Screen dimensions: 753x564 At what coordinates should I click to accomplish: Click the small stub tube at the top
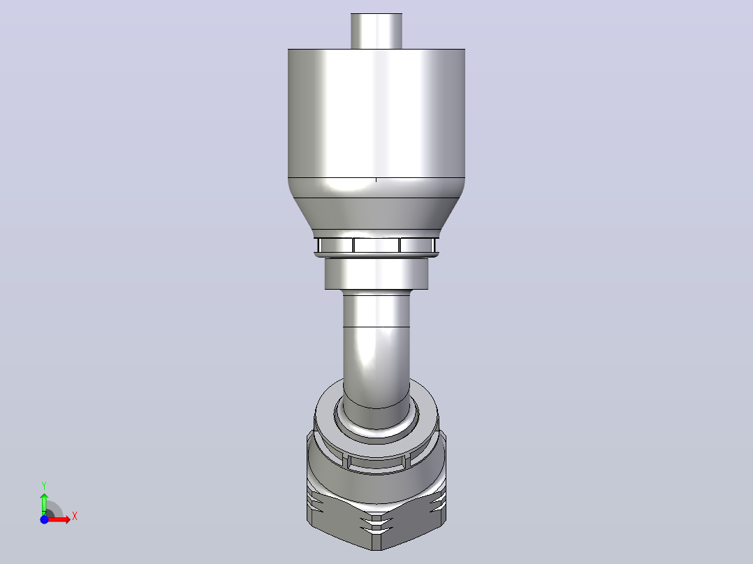[376, 31]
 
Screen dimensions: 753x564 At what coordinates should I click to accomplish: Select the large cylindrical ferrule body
[376, 113]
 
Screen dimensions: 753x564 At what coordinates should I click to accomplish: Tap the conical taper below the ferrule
[376, 211]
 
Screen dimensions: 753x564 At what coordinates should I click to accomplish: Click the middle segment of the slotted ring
[376, 245]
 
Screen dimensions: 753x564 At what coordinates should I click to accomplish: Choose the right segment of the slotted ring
[417, 245]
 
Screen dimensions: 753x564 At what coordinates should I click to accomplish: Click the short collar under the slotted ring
[376, 274]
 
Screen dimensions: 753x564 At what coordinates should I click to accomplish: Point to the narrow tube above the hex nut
[376, 350]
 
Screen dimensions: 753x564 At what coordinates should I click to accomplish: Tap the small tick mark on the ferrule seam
[376, 180]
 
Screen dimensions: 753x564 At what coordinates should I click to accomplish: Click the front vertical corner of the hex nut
[376, 533]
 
